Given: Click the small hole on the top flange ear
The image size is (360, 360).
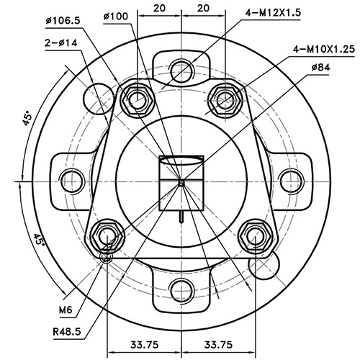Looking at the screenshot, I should click(181, 72).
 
